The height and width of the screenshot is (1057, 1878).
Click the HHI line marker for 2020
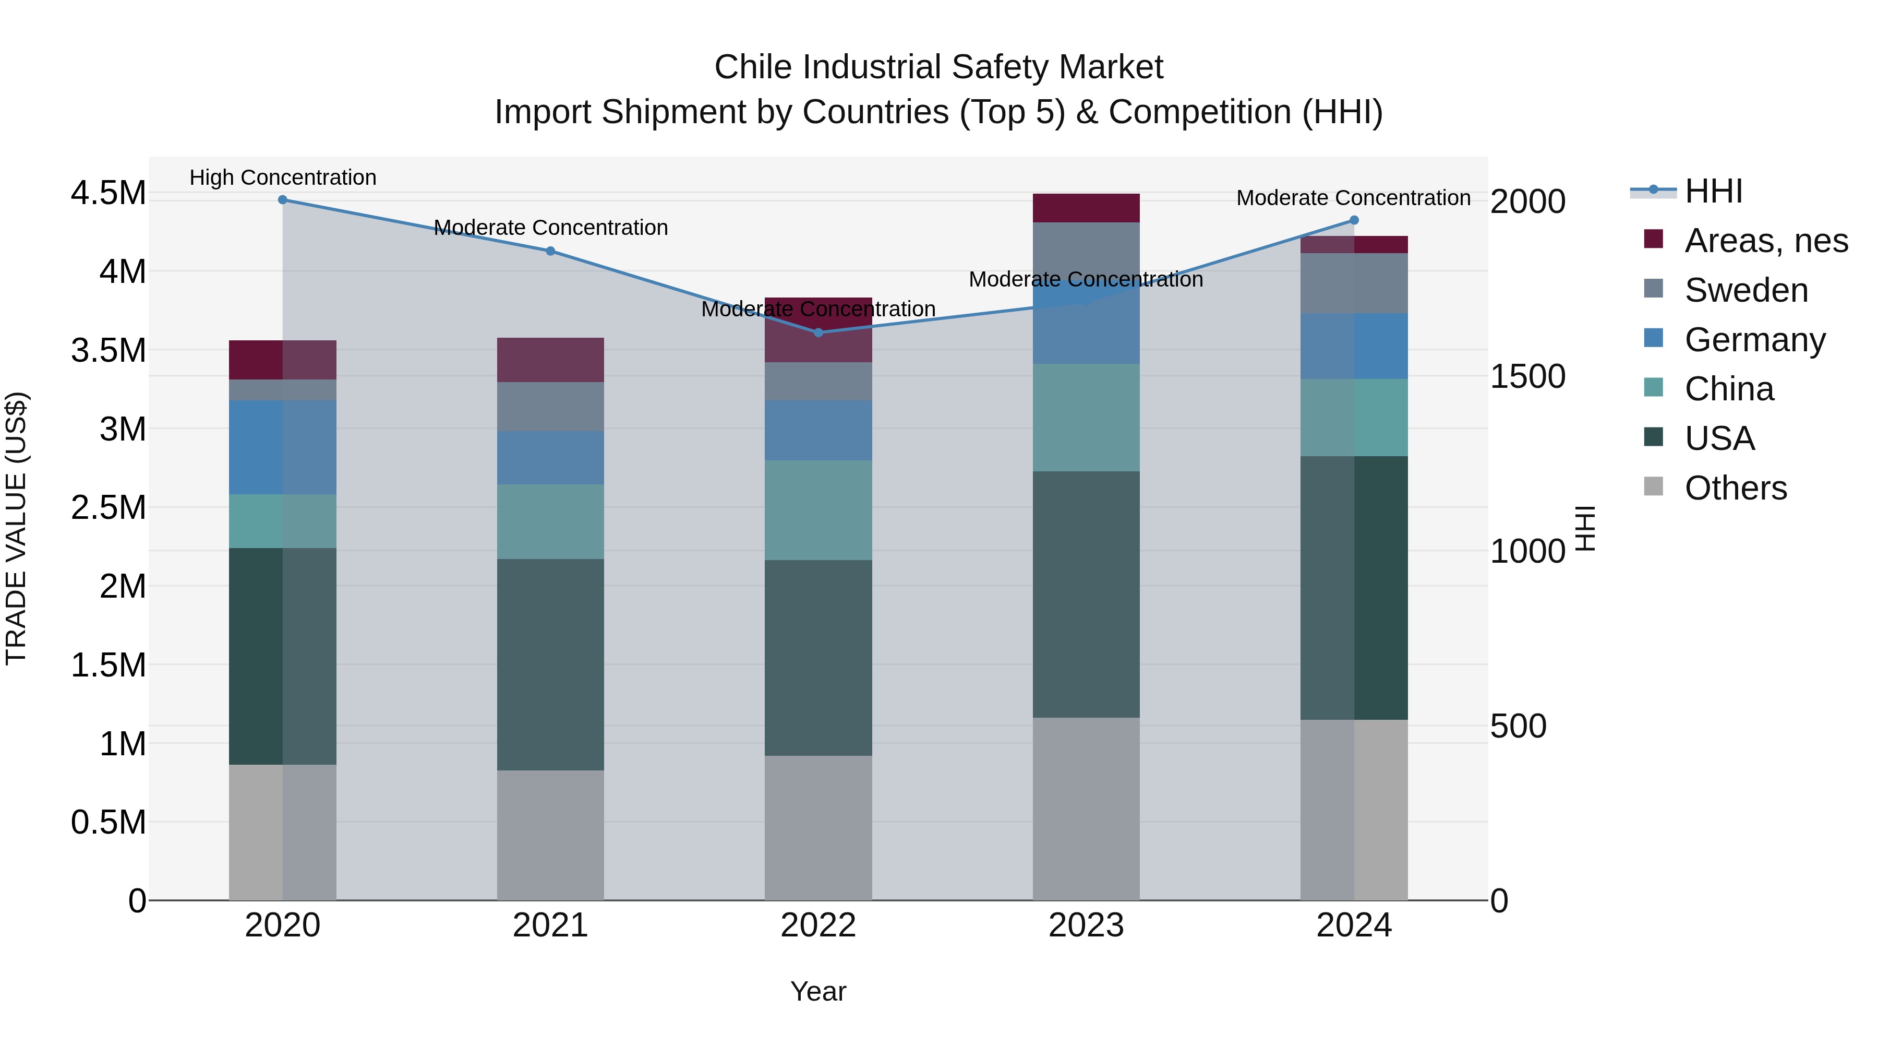(x=283, y=200)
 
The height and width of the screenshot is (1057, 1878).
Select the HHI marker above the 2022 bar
(x=818, y=332)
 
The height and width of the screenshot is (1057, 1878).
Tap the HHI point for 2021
(x=550, y=251)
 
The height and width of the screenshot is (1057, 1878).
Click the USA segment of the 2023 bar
(x=1086, y=595)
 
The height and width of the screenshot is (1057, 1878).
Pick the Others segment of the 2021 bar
(x=550, y=835)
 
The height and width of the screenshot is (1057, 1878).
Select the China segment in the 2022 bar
(x=818, y=510)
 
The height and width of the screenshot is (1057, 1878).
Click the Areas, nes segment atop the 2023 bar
(x=1086, y=208)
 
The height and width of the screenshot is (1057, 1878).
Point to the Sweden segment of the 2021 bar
(x=550, y=406)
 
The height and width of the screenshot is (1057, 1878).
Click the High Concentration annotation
(x=283, y=177)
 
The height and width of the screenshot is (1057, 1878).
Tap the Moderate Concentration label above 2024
(x=1353, y=198)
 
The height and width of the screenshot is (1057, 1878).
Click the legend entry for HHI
(x=1713, y=191)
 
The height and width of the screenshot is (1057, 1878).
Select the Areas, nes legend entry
(x=1766, y=241)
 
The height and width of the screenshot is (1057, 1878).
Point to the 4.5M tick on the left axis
(x=108, y=193)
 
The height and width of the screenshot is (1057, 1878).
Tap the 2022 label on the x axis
(x=818, y=925)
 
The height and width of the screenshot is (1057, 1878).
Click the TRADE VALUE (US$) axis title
(x=16, y=528)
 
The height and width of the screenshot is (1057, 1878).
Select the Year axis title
(x=818, y=991)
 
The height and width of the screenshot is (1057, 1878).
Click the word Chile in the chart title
(x=754, y=67)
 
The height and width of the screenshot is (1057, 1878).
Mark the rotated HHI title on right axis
(x=1585, y=528)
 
